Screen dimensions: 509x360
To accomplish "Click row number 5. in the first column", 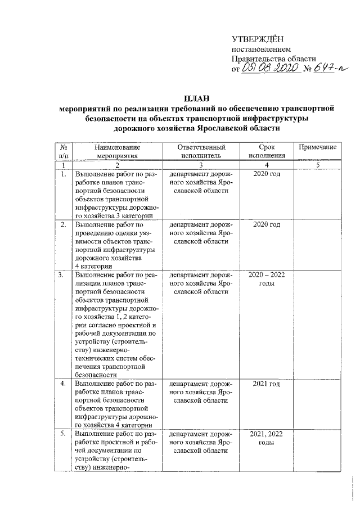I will pos(64,435).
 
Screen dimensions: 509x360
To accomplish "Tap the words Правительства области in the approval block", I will pos(274,58).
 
